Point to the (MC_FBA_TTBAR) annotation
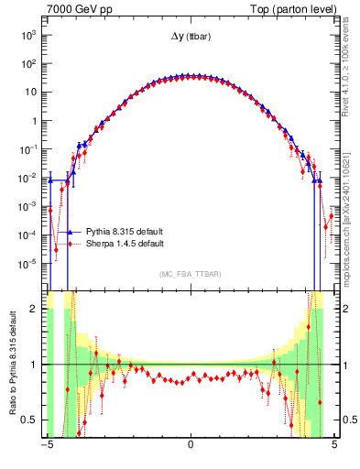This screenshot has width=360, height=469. point(190,275)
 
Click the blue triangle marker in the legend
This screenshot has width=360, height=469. point(69,233)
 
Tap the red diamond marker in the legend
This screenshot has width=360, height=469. point(69,244)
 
